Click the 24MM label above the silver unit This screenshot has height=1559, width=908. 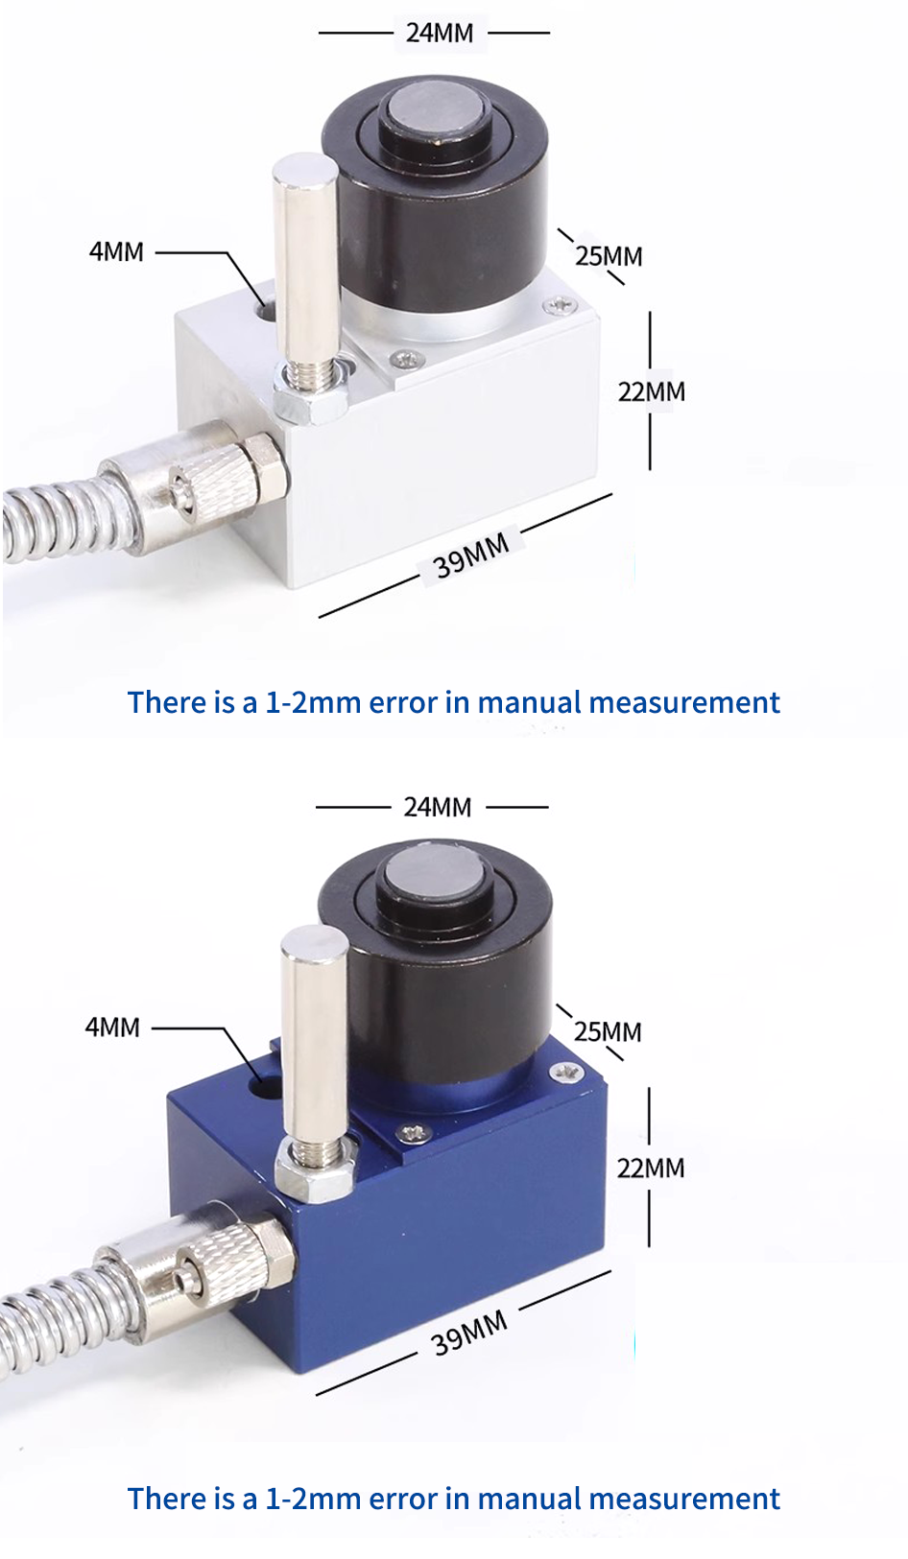[440, 33]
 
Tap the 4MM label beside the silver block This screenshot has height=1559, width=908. [115, 252]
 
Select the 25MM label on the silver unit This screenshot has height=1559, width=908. [609, 256]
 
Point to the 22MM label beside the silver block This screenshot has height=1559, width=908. [651, 391]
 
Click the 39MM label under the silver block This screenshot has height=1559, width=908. [471, 555]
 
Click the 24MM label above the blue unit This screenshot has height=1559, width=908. [438, 808]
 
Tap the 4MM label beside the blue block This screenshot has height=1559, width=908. [112, 1028]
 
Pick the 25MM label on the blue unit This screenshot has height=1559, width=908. [608, 1031]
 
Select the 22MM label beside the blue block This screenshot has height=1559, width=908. [651, 1168]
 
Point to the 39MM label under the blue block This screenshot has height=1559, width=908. [469, 1333]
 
